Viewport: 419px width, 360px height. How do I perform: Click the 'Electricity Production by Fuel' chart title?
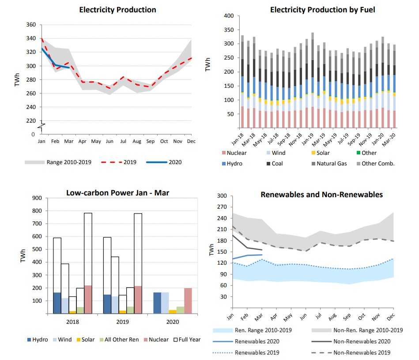pyautogui.click(x=322, y=10)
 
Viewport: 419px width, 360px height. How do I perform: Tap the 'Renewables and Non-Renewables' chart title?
pyautogui.click(x=321, y=195)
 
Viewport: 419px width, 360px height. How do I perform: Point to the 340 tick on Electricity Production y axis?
pyautogui.click(x=31, y=39)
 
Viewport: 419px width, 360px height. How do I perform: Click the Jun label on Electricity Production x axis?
pyautogui.click(x=109, y=141)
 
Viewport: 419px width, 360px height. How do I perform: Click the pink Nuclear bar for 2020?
pyautogui.click(x=189, y=301)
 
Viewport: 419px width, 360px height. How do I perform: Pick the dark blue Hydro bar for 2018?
pyautogui.click(x=57, y=303)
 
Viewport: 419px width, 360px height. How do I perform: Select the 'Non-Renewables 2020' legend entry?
pyautogui.click(x=362, y=341)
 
